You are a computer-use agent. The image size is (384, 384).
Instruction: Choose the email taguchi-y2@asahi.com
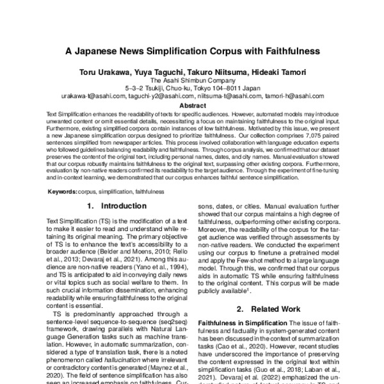point(160,96)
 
